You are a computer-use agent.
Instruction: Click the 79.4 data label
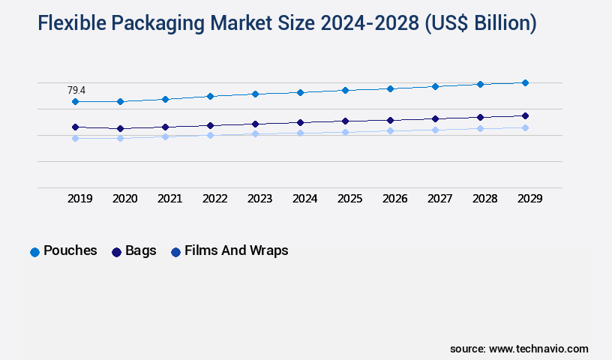pos(76,90)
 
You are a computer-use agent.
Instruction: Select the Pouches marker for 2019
pos(75,101)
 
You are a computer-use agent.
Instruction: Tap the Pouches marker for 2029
pos(525,82)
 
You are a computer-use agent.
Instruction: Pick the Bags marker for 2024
pos(300,122)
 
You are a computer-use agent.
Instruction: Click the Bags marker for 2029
pos(525,115)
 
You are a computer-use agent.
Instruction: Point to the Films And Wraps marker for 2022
pos(210,135)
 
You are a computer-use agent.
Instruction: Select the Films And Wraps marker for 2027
pos(435,130)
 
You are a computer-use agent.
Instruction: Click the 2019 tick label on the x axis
pos(79,199)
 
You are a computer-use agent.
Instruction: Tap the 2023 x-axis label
pos(259,199)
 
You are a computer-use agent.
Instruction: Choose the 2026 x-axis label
pos(394,199)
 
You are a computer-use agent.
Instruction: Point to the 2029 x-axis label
pos(529,199)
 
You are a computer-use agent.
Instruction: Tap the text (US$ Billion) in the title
pos(480,24)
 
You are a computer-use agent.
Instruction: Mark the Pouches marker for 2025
pos(345,90)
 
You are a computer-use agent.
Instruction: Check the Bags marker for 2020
pos(120,128)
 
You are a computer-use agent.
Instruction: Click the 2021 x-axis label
pos(169,199)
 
